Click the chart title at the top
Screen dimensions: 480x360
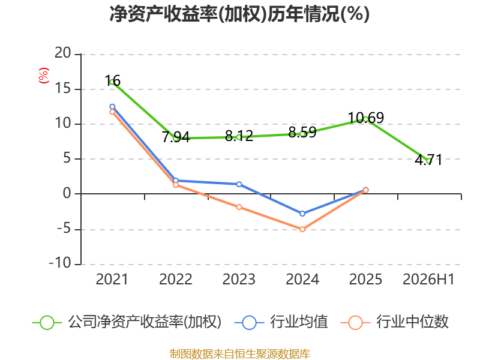[x=239, y=14]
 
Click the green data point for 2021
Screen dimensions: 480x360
[x=112, y=82]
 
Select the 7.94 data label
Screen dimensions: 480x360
[x=176, y=137]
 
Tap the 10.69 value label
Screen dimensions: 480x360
[x=366, y=118]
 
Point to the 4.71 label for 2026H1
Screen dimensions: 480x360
[x=428, y=160]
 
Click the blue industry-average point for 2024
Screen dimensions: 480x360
[x=302, y=214]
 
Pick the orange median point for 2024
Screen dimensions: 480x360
[x=302, y=229]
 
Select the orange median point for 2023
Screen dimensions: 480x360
[x=239, y=207]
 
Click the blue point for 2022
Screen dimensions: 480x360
[x=176, y=181]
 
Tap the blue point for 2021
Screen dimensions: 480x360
[x=112, y=107]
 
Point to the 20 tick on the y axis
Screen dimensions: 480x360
[x=63, y=53]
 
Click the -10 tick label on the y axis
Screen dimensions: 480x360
[x=60, y=263]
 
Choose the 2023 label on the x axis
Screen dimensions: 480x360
[x=239, y=279]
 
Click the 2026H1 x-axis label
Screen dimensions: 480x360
[x=428, y=279]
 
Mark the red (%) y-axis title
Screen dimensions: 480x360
[x=44, y=76]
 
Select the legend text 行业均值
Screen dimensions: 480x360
[x=299, y=322]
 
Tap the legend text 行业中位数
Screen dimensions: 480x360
[x=412, y=322]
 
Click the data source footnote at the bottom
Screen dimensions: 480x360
[x=240, y=353]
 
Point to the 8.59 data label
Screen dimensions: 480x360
[x=302, y=133]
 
